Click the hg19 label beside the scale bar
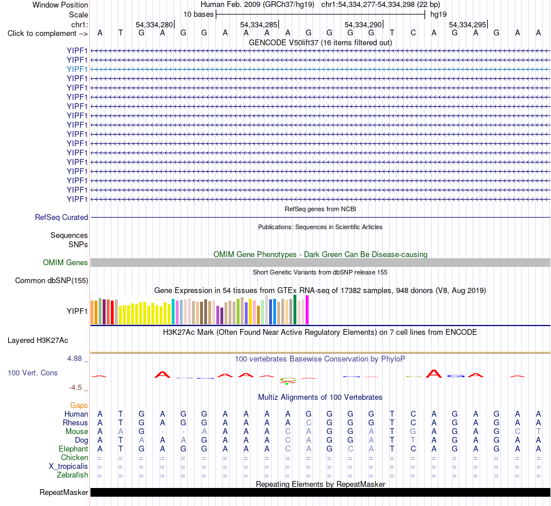click(438, 15)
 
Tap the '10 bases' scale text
click(198, 15)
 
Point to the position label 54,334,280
click(154, 24)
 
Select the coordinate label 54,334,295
click(467, 24)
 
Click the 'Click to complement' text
click(42, 34)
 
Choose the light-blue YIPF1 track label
click(77, 69)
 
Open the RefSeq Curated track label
click(61, 217)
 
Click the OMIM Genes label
click(66, 263)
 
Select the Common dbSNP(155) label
click(52, 281)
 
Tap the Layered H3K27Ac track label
click(38, 341)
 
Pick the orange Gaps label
click(79, 406)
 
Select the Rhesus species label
click(75, 422)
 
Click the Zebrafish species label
click(72, 475)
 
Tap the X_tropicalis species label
click(68, 467)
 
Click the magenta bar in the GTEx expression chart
click(307, 310)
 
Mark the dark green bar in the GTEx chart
click(295, 309)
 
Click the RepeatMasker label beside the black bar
click(64, 492)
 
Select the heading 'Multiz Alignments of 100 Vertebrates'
click(320, 397)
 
